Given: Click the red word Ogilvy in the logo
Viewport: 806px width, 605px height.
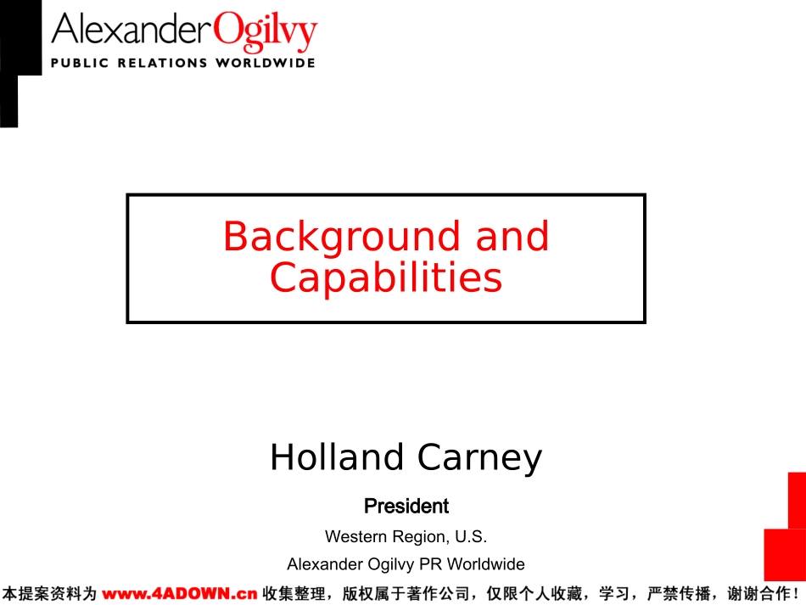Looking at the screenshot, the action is point(266,31).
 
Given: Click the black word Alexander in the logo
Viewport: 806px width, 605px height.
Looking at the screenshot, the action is point(132,29).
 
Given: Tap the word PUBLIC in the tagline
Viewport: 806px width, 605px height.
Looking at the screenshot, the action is point(80,63).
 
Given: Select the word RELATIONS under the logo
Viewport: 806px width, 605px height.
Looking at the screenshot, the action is point(162,63).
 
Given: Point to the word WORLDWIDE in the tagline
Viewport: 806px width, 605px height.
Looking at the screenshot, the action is point(266,63).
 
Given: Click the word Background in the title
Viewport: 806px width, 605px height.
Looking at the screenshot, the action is point(342,238).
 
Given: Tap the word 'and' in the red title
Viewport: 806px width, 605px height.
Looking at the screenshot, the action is point(512,236).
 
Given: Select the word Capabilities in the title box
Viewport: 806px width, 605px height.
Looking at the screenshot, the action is point(386,278).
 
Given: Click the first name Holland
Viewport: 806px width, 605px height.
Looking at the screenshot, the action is point(337,457).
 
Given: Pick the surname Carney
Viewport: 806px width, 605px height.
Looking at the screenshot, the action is point(479,458).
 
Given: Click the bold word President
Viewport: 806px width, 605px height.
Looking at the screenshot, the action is point(406,506).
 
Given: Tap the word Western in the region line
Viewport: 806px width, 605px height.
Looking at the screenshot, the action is point(355,536).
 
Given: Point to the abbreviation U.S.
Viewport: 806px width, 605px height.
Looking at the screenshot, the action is point(471,536).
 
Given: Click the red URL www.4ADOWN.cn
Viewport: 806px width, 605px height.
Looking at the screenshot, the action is point(179,594).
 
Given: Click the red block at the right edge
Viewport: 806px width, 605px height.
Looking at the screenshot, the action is point(786,528).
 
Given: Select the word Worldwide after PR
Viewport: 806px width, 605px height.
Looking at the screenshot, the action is point(486,564).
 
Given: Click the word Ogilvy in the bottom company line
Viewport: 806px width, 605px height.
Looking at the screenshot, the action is point(391,565).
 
